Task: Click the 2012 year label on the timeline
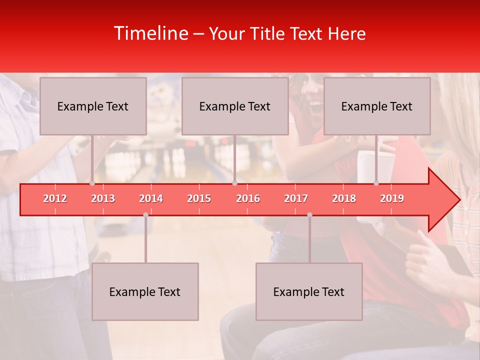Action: [x=55, y=198]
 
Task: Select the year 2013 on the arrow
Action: [x=103, y=198]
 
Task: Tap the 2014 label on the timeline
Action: [x=151, y=198]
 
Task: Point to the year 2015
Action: [x=199, y=198]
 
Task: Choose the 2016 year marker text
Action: [x=248, y=198]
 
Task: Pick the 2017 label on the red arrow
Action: [x=296, y=198]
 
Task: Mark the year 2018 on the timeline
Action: [x=344, y=198]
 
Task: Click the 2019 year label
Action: [x=392, y=198]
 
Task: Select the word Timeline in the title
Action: [x=150, y=33]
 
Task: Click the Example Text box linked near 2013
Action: [x=93, y=106]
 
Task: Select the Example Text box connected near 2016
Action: [x=235, y=106]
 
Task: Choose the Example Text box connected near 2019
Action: [x=377, y=106]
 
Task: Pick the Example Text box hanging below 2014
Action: [x=145, y=291]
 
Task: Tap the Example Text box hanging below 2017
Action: [x=309, y=291]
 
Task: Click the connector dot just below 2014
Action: [x=145, y=214]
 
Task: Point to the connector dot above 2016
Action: [x=234, y=183]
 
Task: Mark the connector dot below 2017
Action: [x=309, y=214]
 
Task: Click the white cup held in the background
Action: [x=367, y=165]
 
